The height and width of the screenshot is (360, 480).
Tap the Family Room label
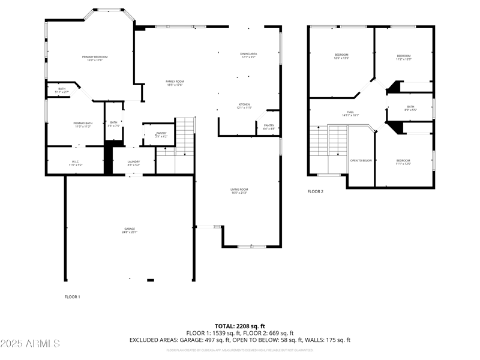(175, 83)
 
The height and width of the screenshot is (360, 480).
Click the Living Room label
(239, 191)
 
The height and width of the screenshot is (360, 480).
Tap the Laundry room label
(133, 162)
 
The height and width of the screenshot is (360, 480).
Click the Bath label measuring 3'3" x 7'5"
(113, 124)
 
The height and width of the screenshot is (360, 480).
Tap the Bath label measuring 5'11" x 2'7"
(62, 90)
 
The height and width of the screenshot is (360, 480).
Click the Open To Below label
(361, 161)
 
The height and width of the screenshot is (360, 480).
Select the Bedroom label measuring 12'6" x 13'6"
(341, 57)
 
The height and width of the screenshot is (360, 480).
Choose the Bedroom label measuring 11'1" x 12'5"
(403, 161)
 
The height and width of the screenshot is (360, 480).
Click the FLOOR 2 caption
(316, 192)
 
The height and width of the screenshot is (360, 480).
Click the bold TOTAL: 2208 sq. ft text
(240, 326)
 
